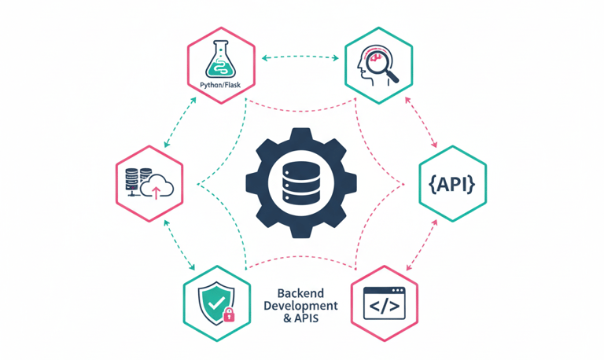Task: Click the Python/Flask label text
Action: click(x=221, y=85)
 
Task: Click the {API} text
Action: click(x=452, y=185)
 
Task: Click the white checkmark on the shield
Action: click(x=212, y=299)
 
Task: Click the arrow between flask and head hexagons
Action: click(x=301, y=57)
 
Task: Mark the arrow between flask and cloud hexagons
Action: click(x=178, y=123)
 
